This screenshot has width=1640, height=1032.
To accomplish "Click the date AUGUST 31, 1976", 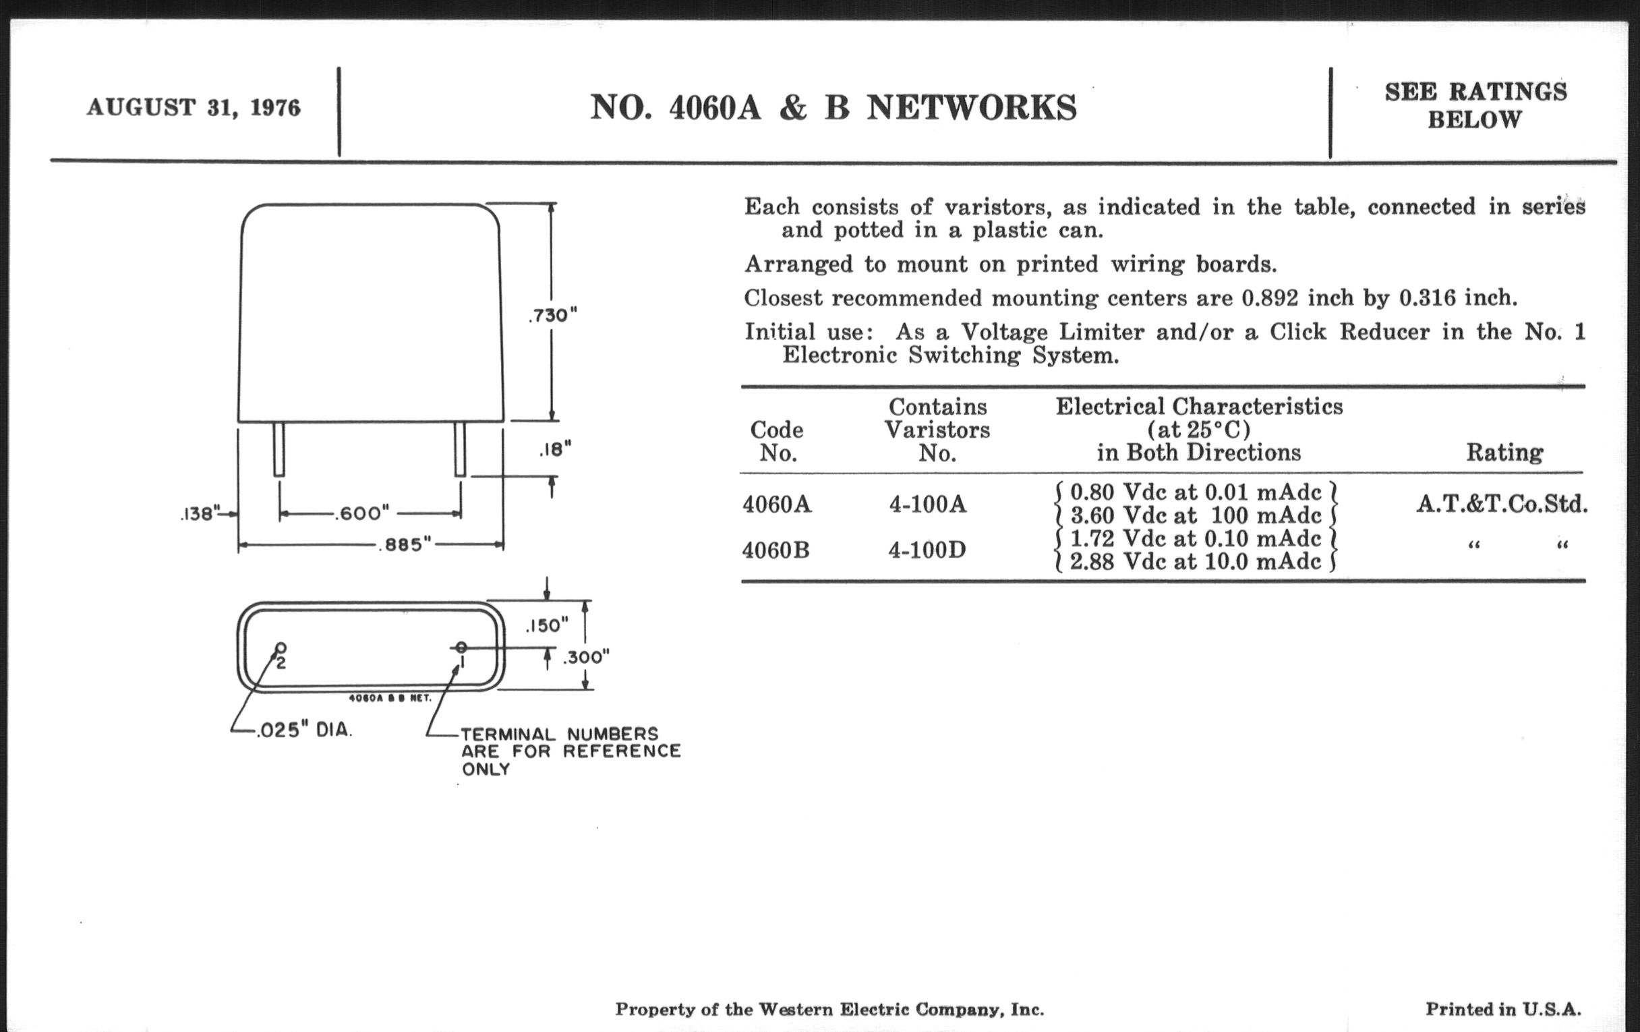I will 194,108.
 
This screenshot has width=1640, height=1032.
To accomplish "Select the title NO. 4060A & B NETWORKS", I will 833,108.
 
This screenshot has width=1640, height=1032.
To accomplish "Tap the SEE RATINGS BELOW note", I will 1475,106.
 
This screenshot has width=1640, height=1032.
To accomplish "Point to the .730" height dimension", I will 552,316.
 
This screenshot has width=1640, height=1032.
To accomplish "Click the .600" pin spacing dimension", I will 361,513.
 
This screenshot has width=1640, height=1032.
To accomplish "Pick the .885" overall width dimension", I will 405,545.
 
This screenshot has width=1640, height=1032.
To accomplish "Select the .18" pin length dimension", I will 554,450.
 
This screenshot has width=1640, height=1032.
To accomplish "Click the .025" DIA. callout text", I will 303,730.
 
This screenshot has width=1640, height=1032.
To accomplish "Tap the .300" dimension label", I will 586,658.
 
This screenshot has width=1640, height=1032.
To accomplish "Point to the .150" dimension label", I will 547,625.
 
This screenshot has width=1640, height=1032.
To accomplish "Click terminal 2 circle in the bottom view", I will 280,648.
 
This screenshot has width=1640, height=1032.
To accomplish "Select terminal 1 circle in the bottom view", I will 461,647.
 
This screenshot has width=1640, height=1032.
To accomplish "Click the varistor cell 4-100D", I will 927,550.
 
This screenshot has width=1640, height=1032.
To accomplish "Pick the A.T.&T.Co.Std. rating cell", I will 1502,504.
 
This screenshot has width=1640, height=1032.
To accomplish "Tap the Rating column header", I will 1504,453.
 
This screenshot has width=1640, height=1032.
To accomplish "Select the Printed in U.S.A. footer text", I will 1503,1009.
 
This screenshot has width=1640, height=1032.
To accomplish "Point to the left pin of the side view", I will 279,449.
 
